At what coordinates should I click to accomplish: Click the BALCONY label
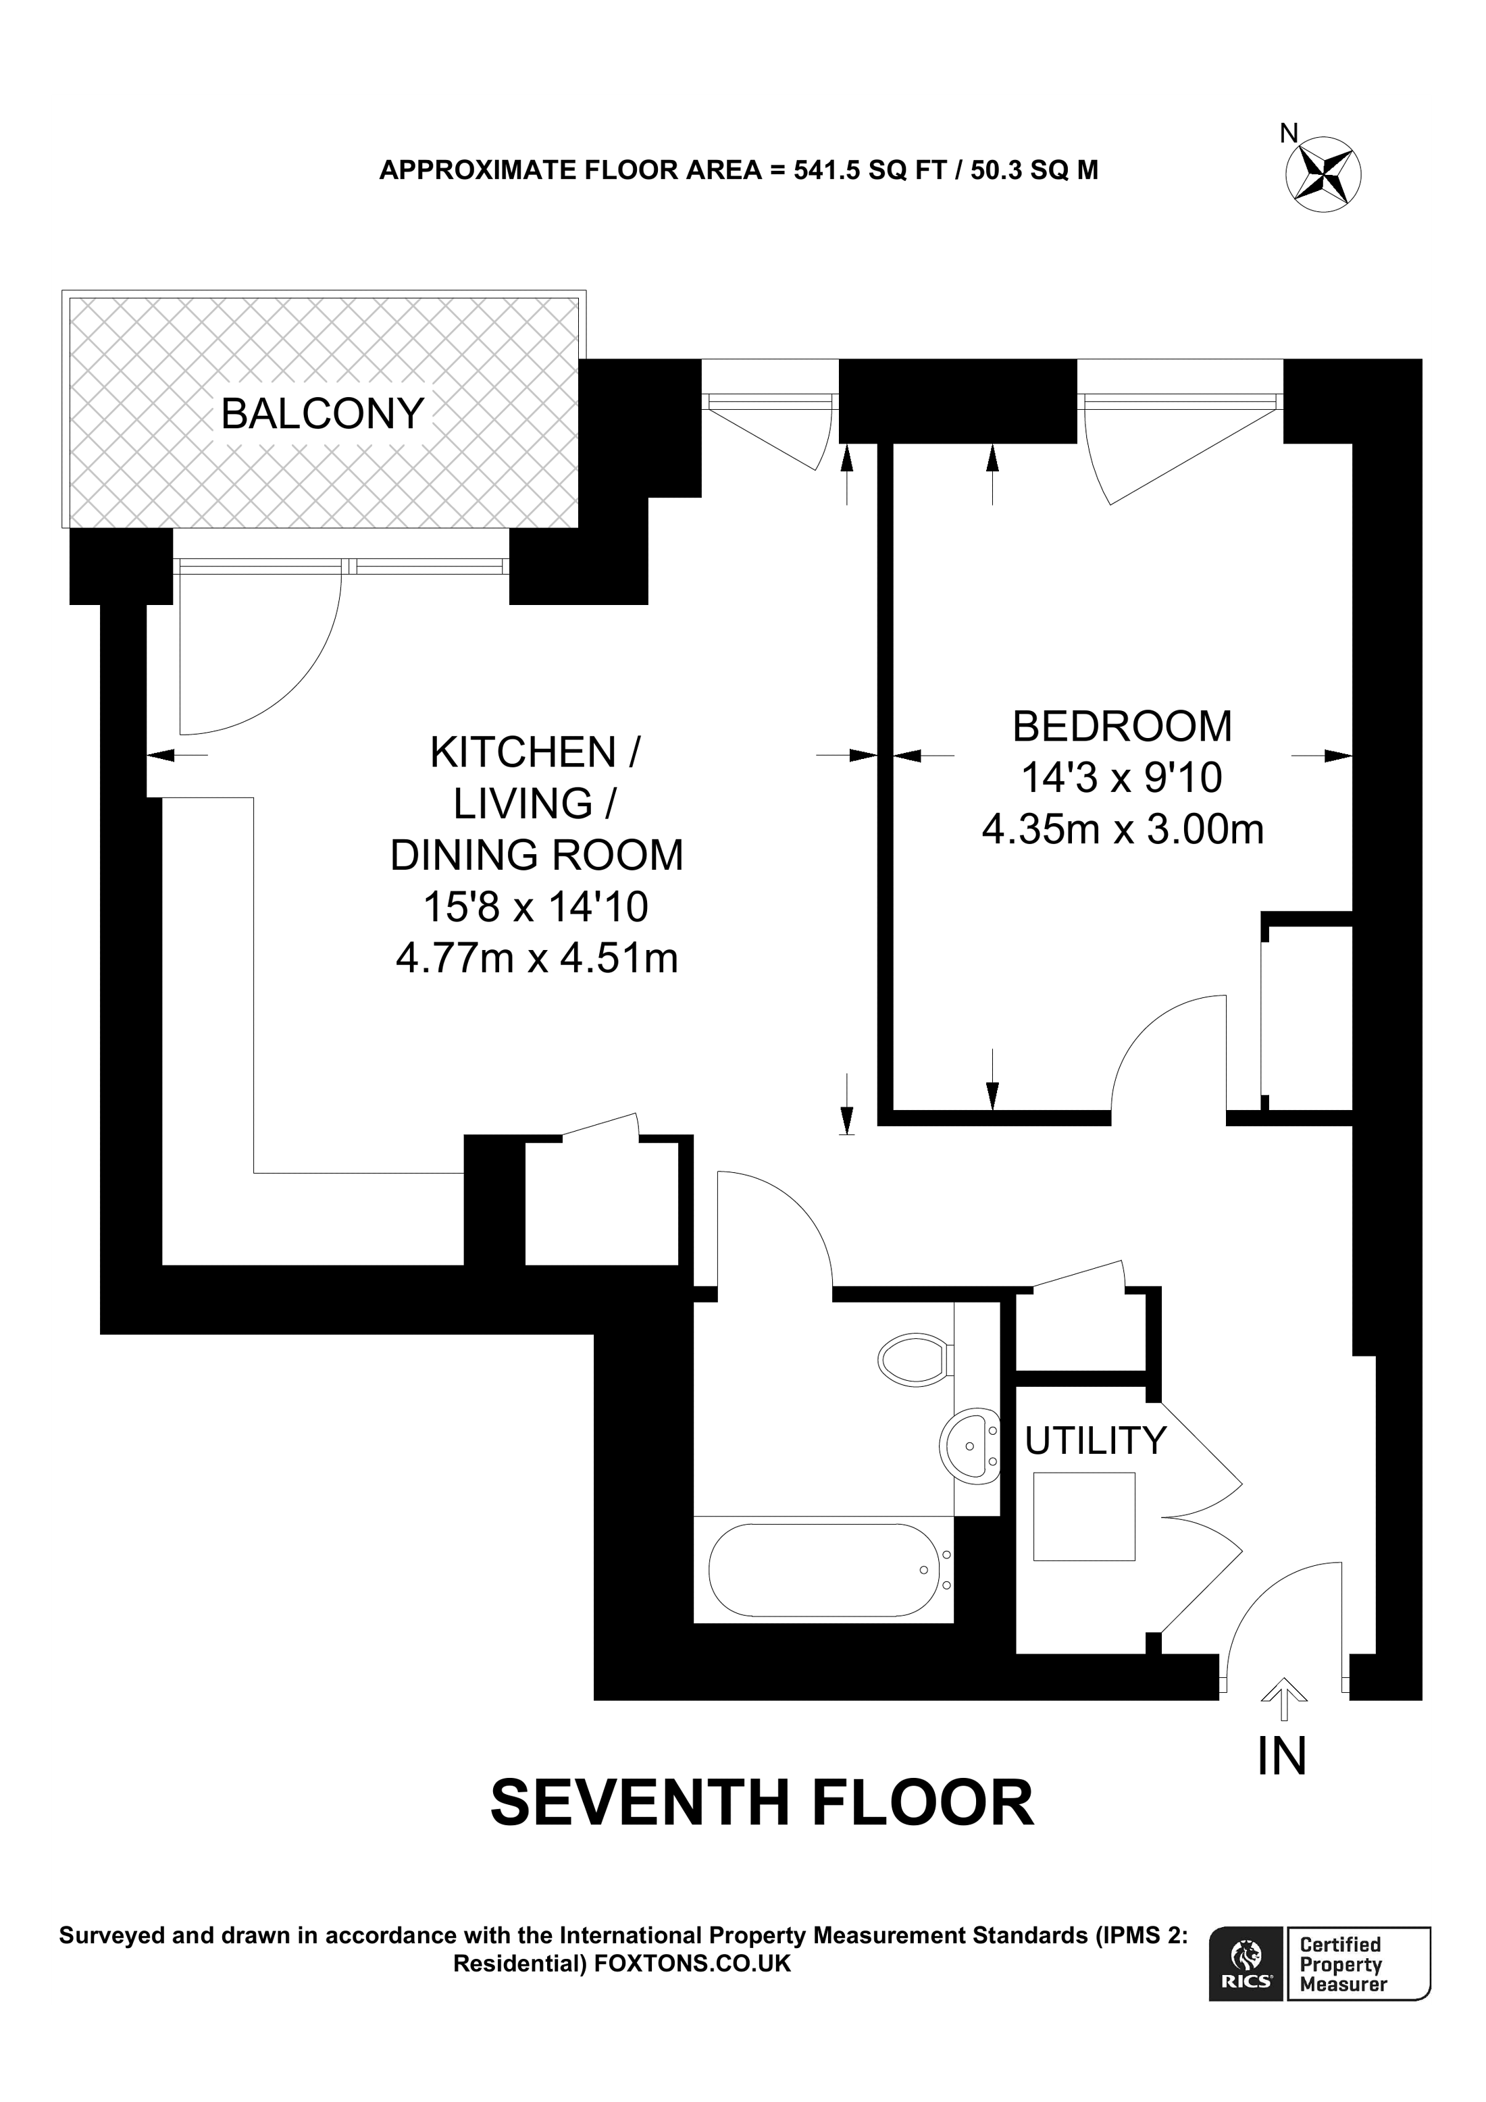coord(322,414)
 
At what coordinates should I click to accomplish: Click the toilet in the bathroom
coord(912,1359)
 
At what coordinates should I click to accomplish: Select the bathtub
coord(823,1569)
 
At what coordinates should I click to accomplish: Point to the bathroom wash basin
coord(971,1446)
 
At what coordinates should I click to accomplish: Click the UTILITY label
coord(1094,1441)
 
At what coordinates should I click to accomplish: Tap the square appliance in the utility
coord(1083,1516)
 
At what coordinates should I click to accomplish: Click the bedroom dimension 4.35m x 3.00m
coord(1122,829)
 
